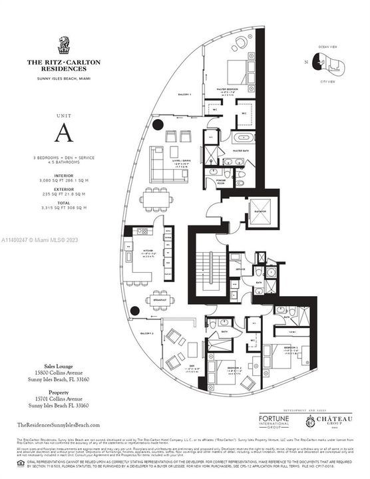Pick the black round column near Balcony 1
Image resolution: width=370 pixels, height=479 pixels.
(x=157, y=124)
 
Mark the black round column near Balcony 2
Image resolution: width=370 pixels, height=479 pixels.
(x=135, y=311)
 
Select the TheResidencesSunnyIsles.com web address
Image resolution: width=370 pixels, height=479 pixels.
(x=59, y=424)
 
